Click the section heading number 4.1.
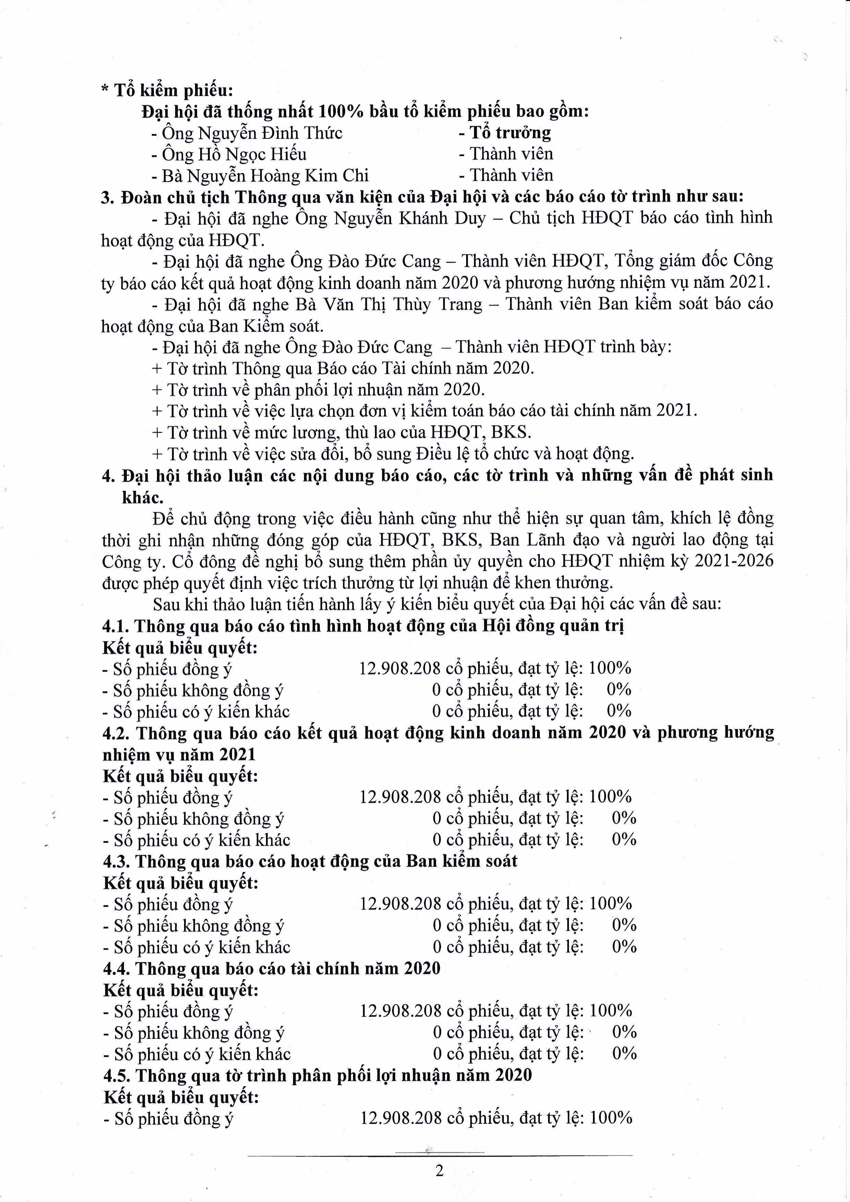click(x=116, y=626)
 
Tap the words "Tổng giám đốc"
click(x=671, y=261)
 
